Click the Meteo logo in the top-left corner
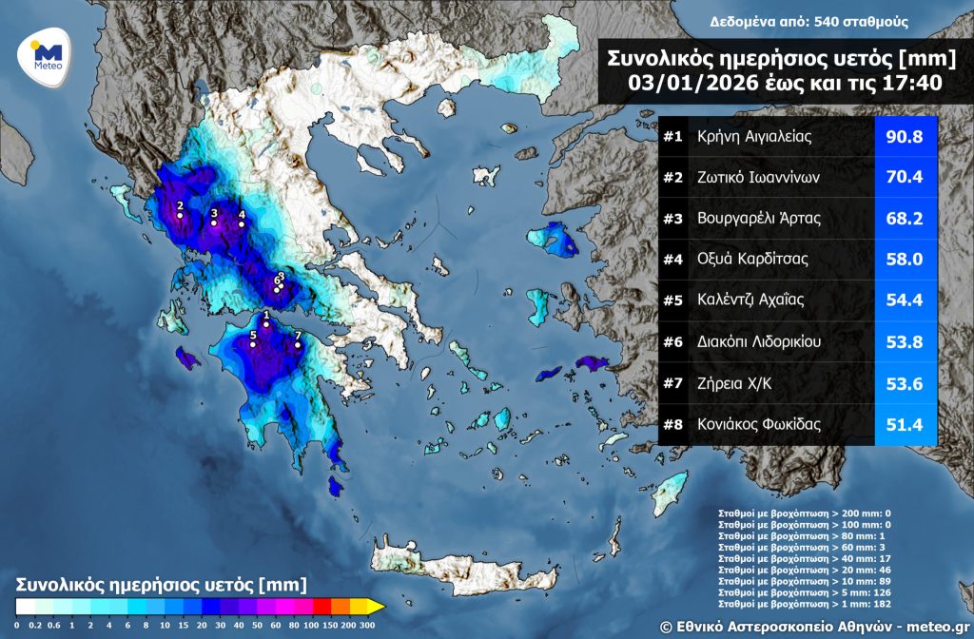47,55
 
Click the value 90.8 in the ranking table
905,136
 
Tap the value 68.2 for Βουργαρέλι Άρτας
905,218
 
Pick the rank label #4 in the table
673,259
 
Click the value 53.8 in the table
905,340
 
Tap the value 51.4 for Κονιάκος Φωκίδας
905,423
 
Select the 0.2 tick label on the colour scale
36,625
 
